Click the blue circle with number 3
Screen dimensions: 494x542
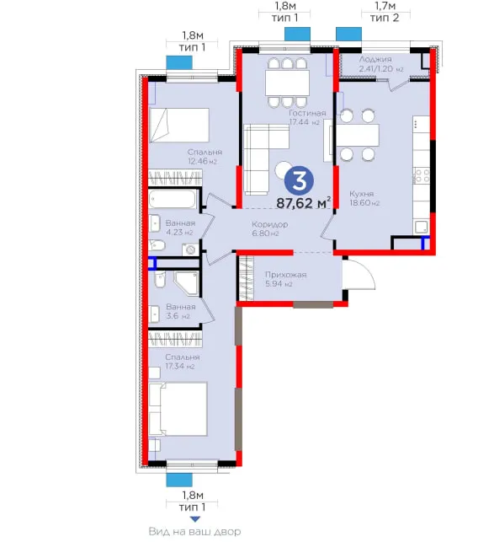point(299,181)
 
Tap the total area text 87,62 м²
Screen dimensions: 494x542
point(304,203)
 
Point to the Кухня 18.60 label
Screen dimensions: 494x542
point(364,198)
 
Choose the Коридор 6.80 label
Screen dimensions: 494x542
point(269,228)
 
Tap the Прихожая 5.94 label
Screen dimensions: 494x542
point(285,279)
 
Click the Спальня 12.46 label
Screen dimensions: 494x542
point(205,157)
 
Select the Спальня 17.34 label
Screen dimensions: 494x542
point(182,362)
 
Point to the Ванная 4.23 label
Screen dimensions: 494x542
point(180,228)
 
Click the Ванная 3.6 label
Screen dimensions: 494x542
point(181,311)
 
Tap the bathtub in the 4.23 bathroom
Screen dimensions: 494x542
point(173,199)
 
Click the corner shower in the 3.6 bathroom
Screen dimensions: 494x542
point(187,283)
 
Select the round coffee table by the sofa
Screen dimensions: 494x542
point(283,169)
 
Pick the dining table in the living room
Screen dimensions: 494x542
point(287,83)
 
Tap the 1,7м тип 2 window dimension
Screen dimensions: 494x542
point(385,12)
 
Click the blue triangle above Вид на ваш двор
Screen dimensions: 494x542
point(195,519)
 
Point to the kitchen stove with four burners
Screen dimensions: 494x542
point(422,175)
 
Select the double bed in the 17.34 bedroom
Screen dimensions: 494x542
point(178,409)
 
